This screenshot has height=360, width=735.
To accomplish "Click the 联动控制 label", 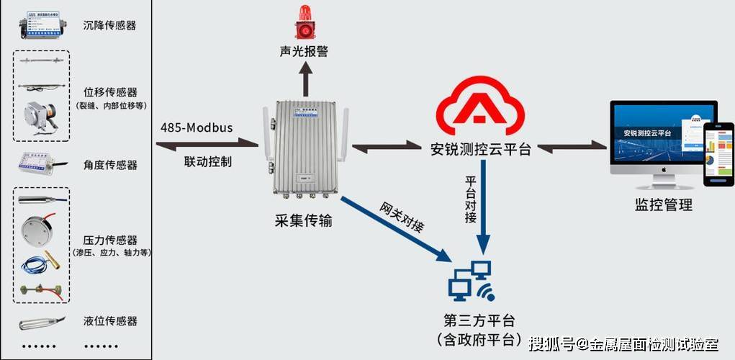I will click(x=208, y=161).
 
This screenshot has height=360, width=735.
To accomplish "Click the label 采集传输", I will click(x=303, y=220).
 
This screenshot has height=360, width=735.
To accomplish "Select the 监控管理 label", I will click(x=664, y=204).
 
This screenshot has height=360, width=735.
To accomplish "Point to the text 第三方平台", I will click(x=479, y=320).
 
